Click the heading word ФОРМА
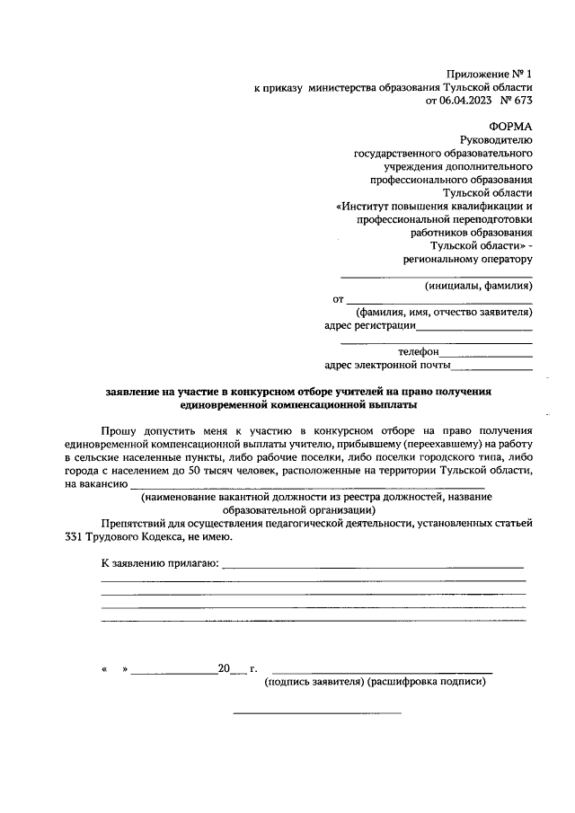pos(511,127)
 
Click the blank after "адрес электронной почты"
pos(491,367)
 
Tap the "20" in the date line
pos(224,669)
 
